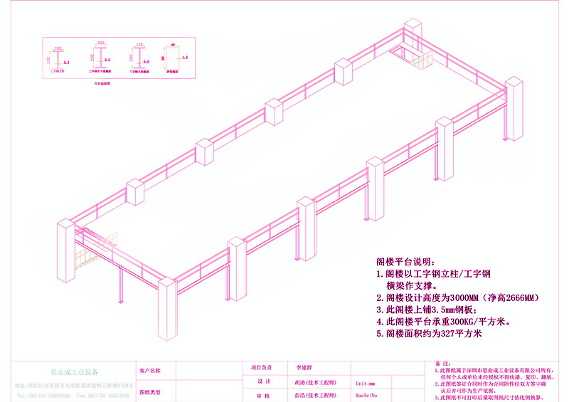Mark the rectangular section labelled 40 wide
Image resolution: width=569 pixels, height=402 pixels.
pos(173,58)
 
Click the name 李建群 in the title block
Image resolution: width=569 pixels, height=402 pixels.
pos(304,369)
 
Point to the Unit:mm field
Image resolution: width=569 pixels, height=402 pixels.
pos(365,383)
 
